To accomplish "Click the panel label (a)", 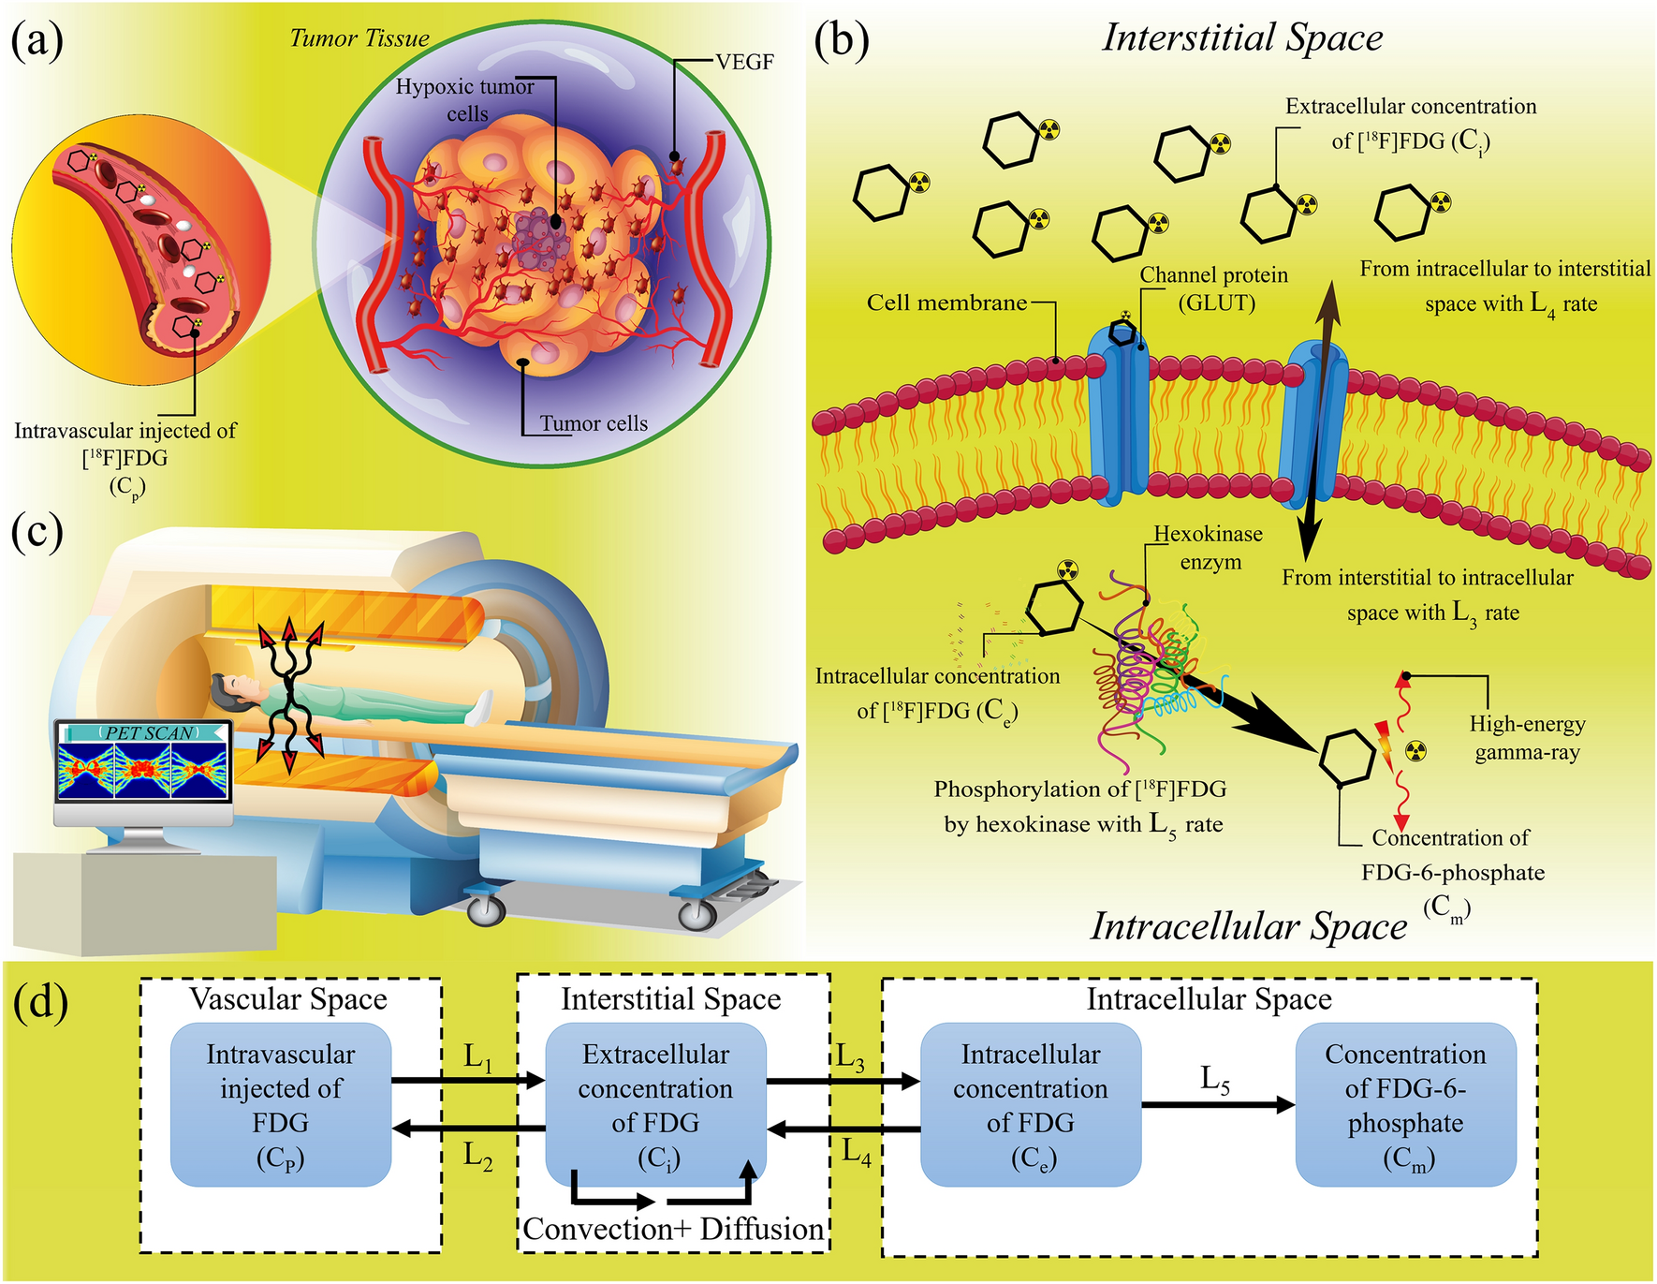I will click(x=37, y=42).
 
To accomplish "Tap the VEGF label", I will click(x=744, y=63).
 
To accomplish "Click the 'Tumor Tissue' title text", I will click(x=359, y=38).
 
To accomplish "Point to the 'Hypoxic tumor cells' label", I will click(x=465, y=99).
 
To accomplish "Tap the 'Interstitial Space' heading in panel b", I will click(x=1242, y=38).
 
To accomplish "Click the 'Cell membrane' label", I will click(x=946, y=303).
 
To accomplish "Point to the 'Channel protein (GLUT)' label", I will click(x=1213, y=288).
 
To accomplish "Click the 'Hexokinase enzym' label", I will click(x=1209, y=548).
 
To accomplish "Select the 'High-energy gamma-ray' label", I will click(x=1527, y=738).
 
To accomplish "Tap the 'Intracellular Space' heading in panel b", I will click(x=1248, y=926).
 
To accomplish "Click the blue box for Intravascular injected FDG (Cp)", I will click(x=280, y=1105).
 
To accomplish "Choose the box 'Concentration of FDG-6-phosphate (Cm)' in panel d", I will click(x=1404, y=1105).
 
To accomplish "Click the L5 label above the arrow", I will click(x=1214, y=1080).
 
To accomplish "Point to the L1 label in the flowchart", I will click(x=477, y=1058).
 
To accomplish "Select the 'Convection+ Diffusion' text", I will click(x=672, y=1229).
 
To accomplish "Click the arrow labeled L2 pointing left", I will click(x=468, y=1129).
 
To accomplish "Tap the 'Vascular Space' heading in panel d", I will click(x=288, y=999).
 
